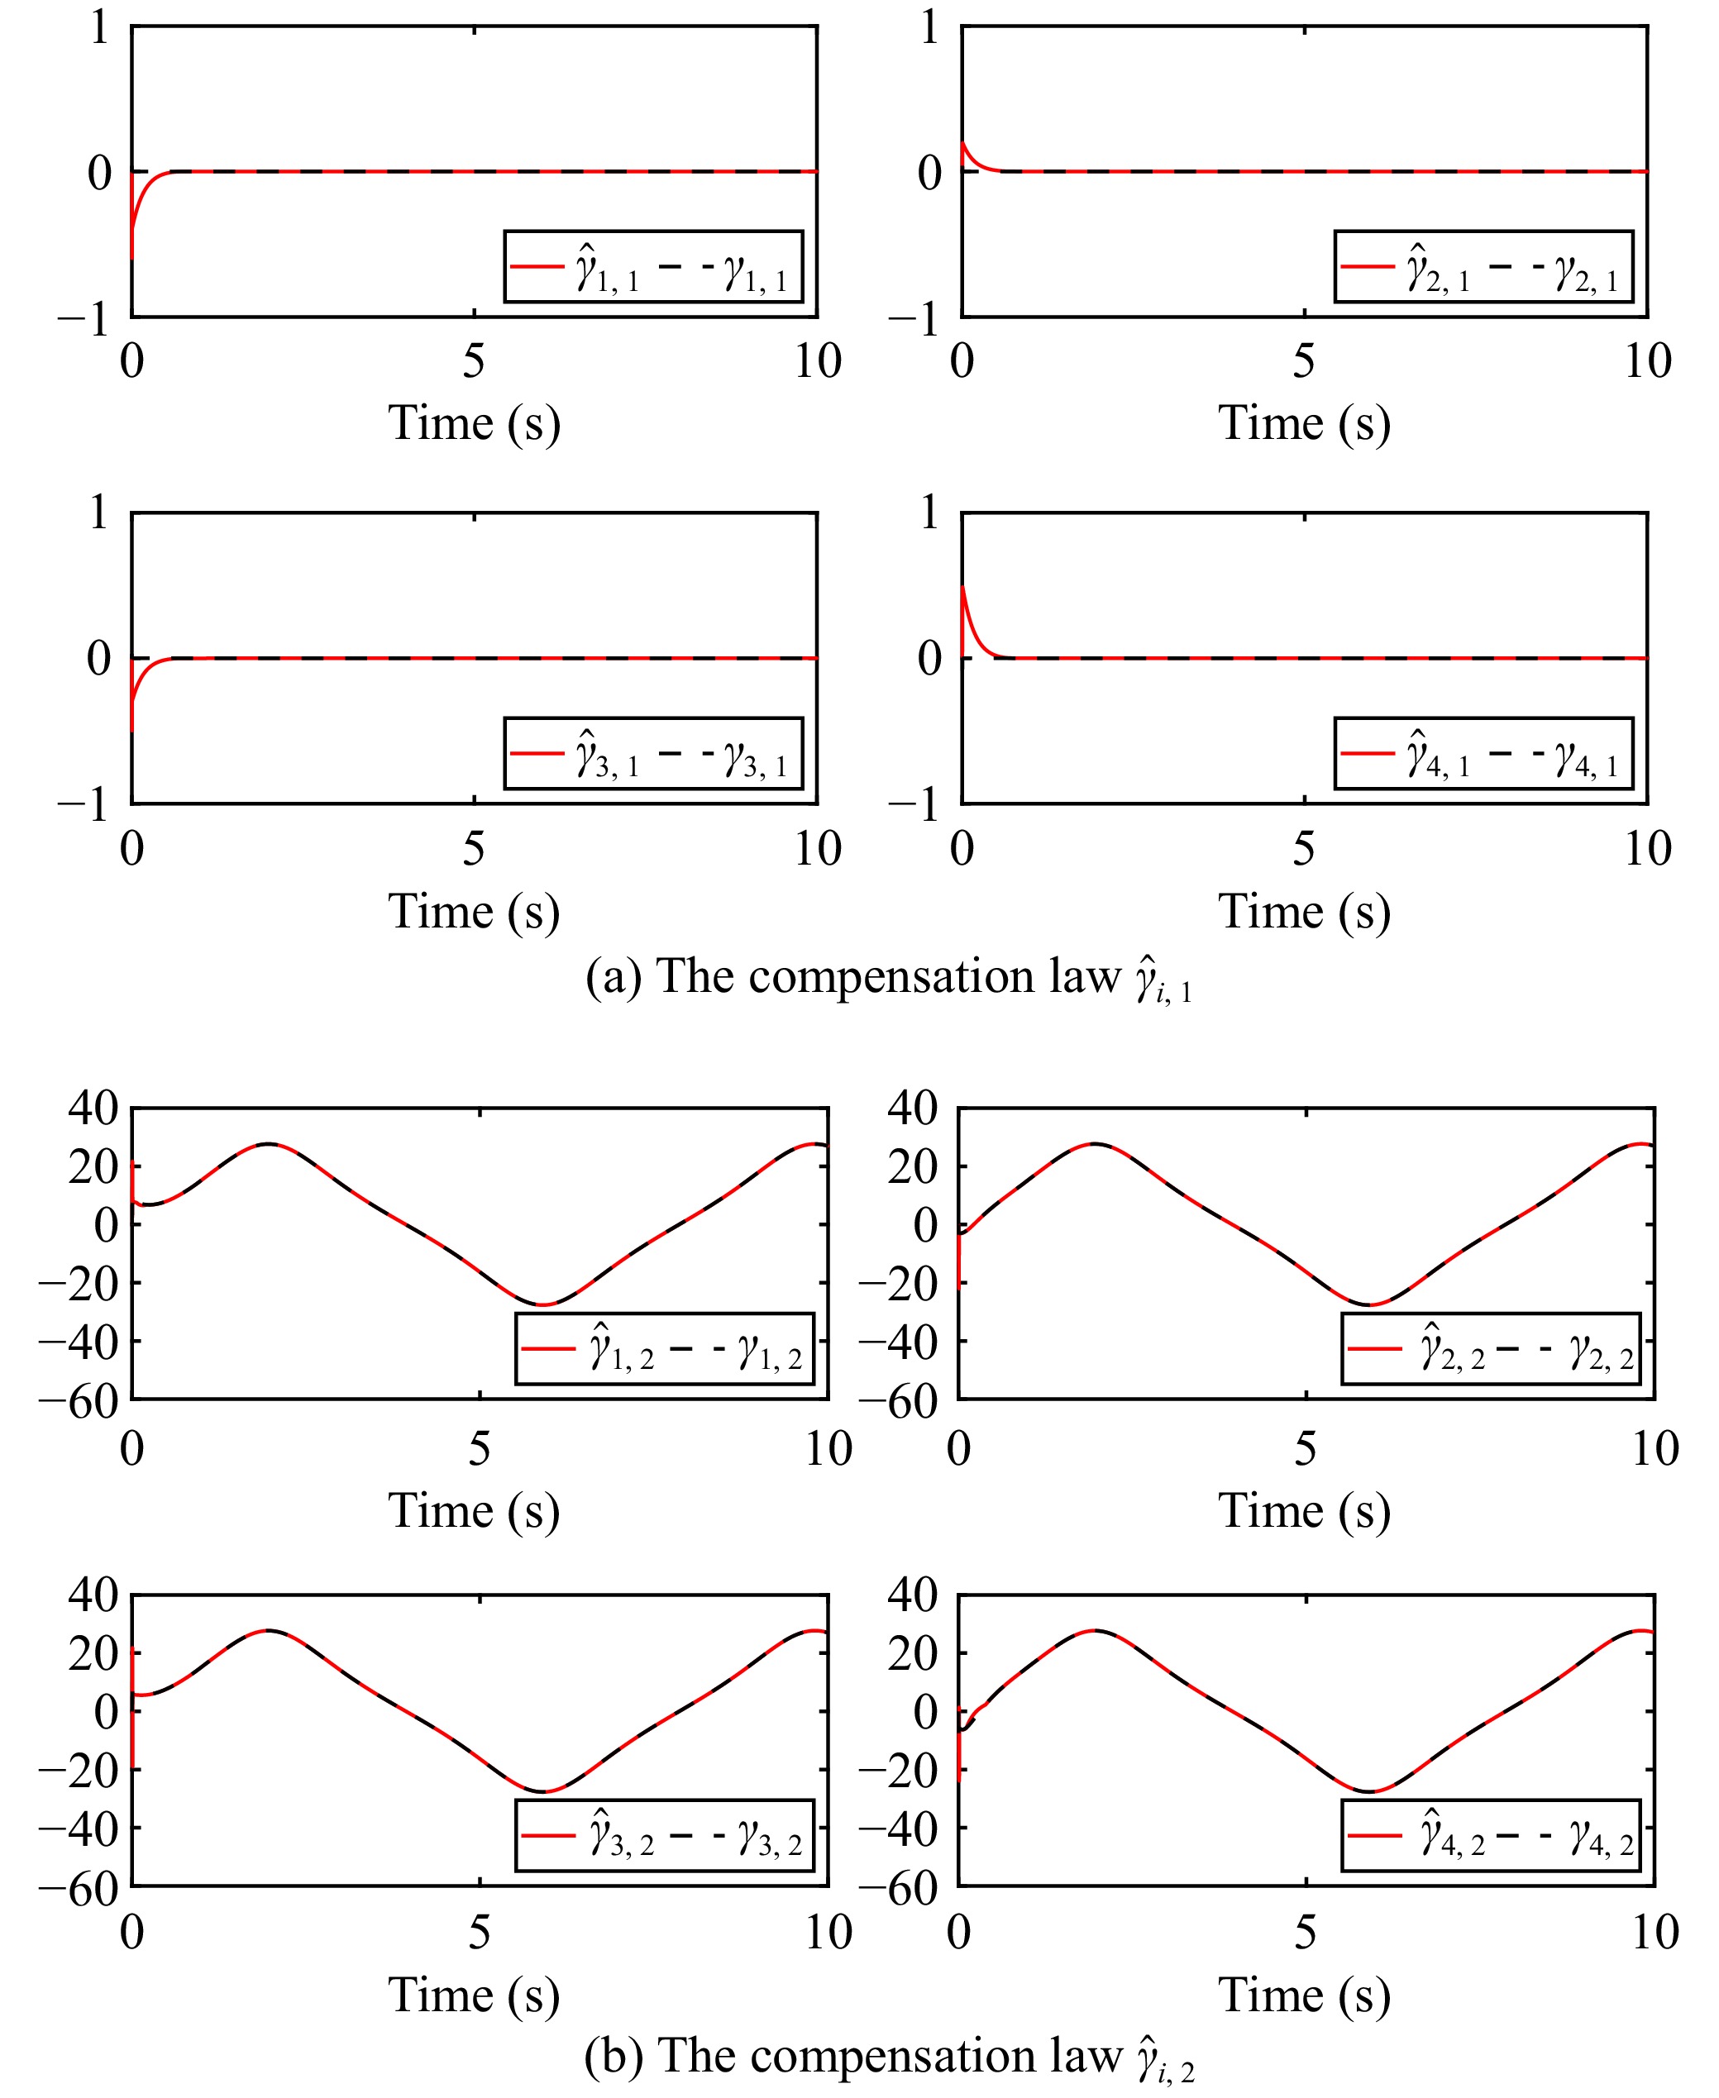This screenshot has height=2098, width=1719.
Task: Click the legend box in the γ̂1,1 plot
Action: click(652, 266)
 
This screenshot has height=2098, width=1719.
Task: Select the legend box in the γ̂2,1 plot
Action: click(1483, 266)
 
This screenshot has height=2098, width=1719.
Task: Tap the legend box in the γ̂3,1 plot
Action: click(652, 753)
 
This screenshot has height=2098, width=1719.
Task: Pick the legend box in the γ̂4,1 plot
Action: click(1483, 753)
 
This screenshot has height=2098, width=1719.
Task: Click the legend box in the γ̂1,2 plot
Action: click(663, 1348)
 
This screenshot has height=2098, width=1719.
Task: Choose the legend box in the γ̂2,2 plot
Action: click(1490, 1348)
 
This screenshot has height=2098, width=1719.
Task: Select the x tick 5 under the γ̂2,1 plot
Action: click(1304, 362)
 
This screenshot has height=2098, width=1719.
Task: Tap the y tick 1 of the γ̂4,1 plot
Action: click(929, 513)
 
